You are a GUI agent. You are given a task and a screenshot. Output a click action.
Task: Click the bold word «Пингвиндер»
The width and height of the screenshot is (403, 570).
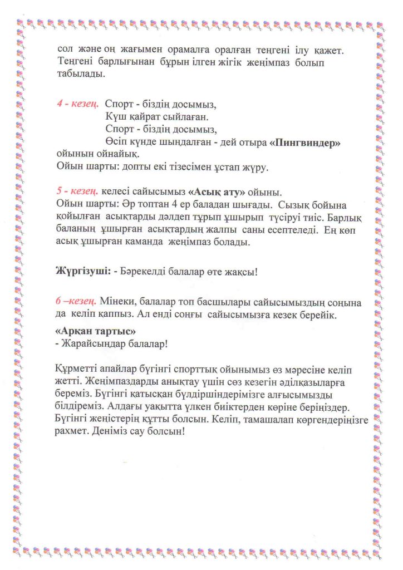pos(304,142)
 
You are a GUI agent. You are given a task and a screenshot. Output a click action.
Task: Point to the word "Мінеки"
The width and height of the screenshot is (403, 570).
pos(118,302)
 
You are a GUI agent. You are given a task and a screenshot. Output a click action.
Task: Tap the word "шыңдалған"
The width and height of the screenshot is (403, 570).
pos(196,142)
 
